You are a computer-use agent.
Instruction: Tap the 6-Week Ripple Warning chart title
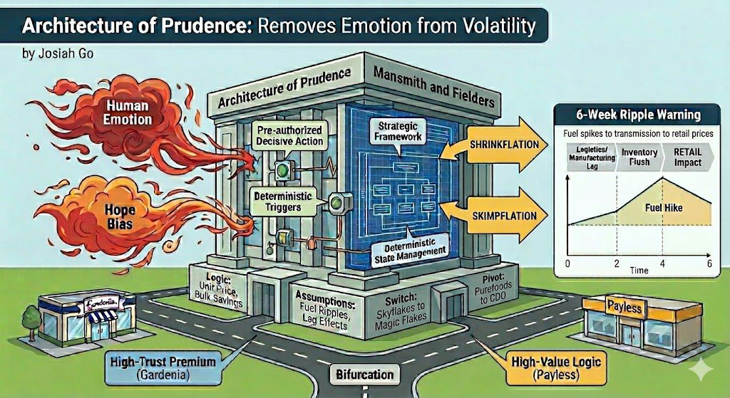click(638, 115)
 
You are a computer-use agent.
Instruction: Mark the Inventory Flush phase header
click(639, 157)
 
